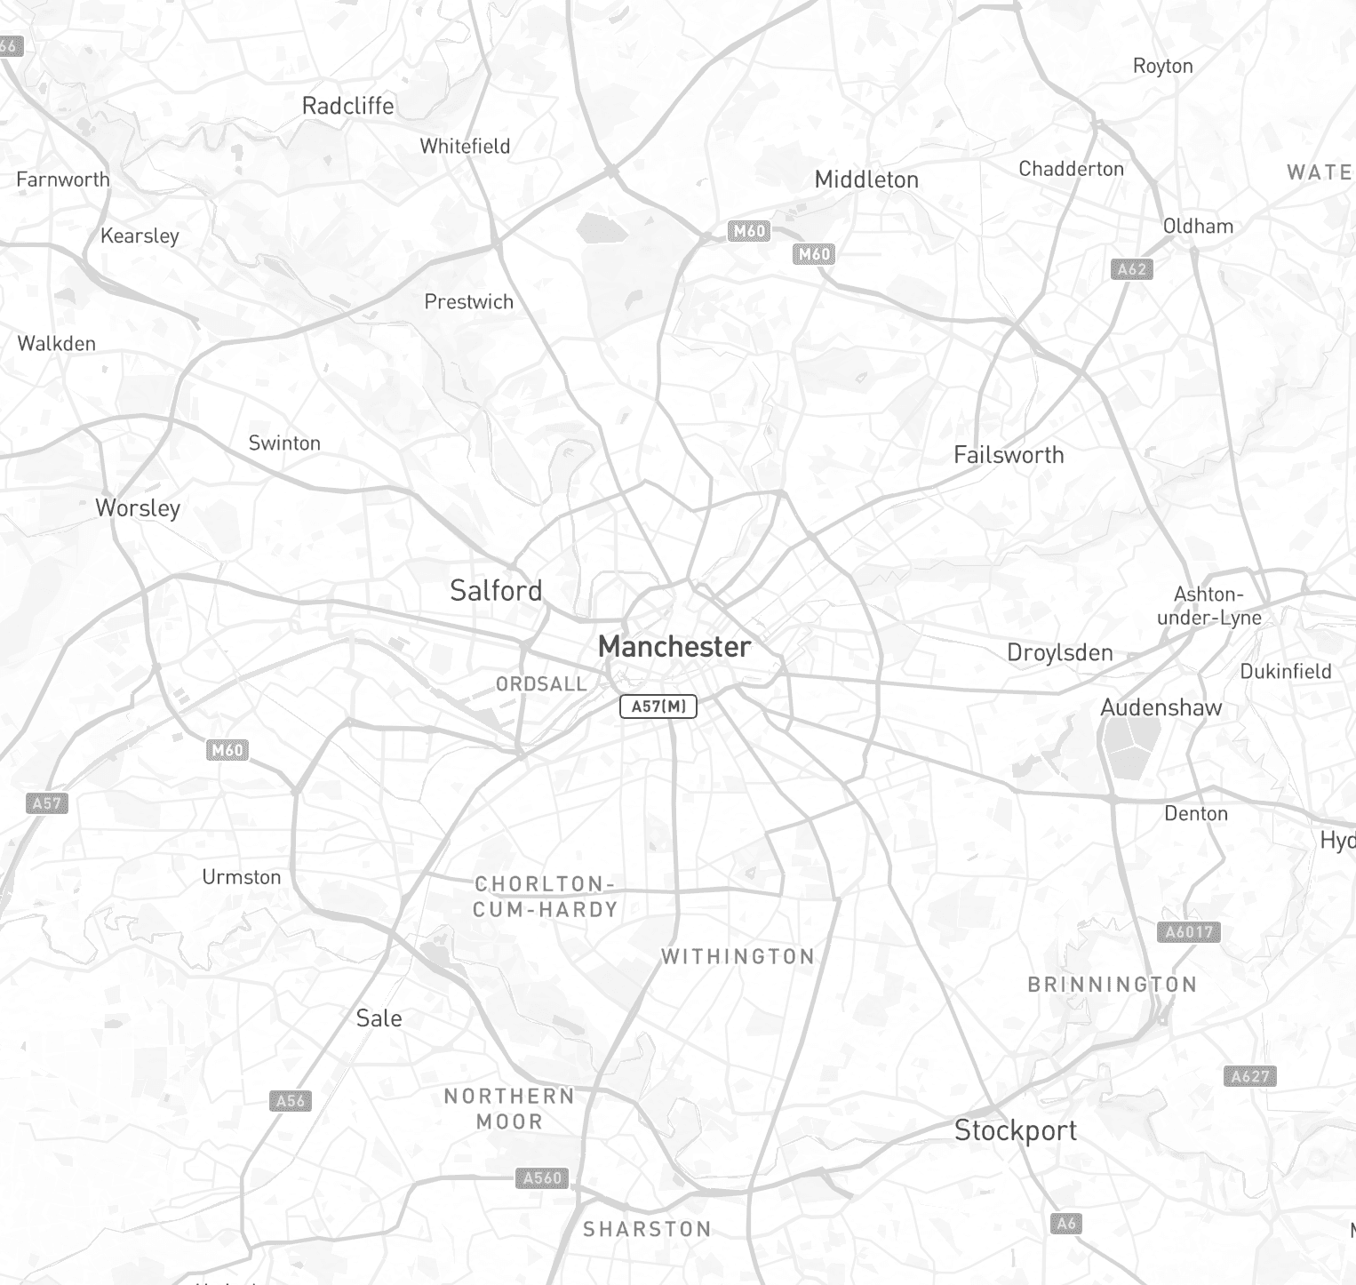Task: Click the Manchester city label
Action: [x=674, y=647]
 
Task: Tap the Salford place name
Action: [x=496, y=591]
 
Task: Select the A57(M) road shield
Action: [x=658, y=706]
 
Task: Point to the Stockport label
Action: [x=1015, y=1130]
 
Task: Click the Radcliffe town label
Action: [x=347, y=106]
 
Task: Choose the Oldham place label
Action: [x=1198, y=227]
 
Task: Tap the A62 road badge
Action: [x=1131, y=269]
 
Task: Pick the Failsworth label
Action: [x=1009, y=455]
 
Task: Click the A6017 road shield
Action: [x=1189, y=932]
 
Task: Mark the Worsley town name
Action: [x=138, y=508]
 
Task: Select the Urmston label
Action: [x=241, y=877]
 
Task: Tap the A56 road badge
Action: [x=291, y=1101]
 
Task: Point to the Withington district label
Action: [x=738, y=957]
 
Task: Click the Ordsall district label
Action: [x=541, y=684]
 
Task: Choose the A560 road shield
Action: [x=542, y=1178]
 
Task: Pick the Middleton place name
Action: [x=866, y=180]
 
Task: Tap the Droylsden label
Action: [x=1059, y=653]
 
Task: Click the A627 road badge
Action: [x=1250, y=1077]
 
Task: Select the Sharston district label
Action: [x=647, y=1230]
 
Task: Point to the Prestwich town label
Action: [x=468, y=302]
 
